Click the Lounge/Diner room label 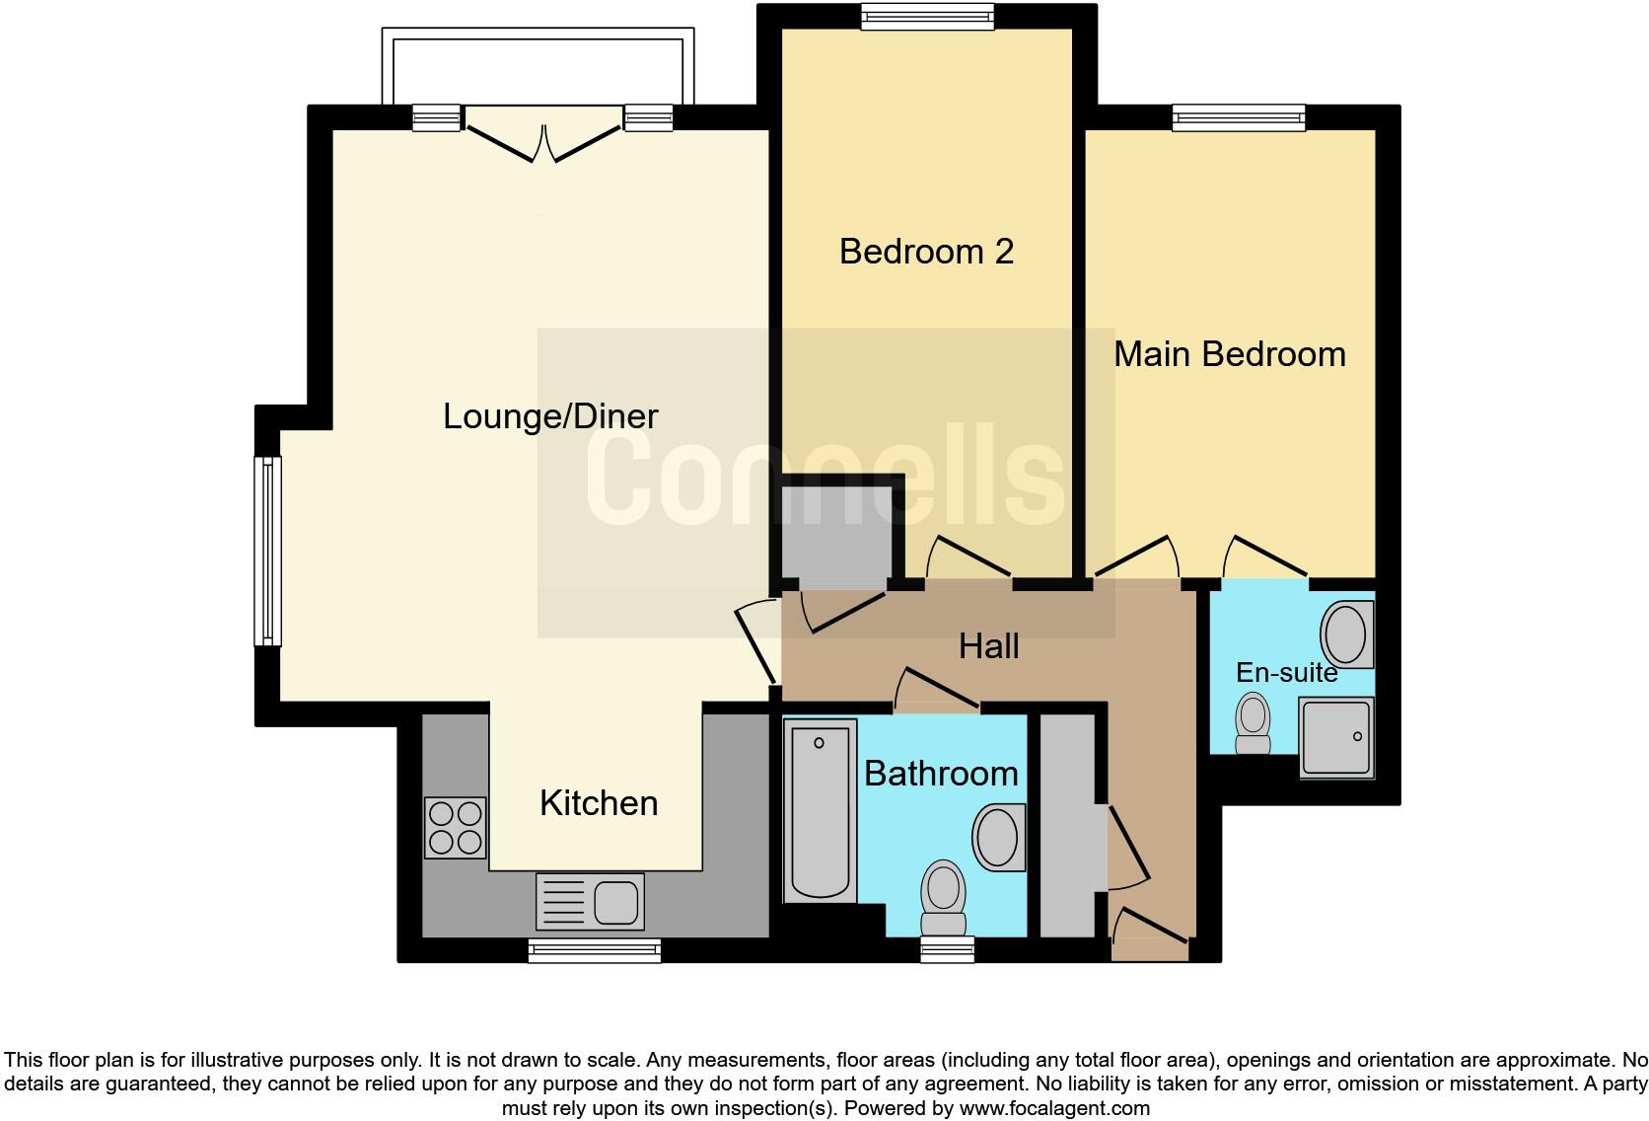(550, 416)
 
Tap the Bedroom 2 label (926, 252)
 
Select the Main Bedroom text (1229, 354)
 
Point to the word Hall (988, 647)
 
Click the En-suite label (1286, 673)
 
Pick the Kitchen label (599, 803)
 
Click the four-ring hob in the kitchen (456, 827)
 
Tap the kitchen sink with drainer (590, 901)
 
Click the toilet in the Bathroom (943, 897)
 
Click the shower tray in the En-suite (1335, 736)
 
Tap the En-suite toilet (1254, 723)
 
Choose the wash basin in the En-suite (1345, 634)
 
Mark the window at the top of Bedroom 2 (926, 17)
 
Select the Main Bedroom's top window (1238, 117)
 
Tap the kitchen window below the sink (594, 950)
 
